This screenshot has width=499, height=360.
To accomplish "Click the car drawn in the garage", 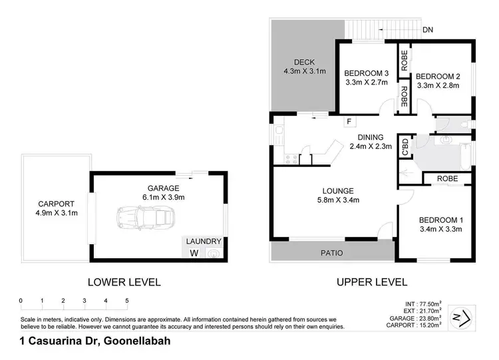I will [145, 217].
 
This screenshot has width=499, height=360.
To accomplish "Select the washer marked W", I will [194, 253].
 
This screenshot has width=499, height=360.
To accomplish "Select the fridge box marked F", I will [348, 122].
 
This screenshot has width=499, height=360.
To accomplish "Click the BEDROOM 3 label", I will [366, 73].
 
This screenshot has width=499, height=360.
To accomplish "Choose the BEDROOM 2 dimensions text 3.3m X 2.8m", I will [438, 85].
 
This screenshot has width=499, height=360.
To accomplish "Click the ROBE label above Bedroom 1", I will [450, 178].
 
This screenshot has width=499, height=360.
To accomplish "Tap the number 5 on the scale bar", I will [126, 301].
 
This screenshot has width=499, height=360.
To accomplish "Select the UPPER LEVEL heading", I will [371, 281].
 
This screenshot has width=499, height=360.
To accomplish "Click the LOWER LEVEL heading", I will [124, 281].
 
